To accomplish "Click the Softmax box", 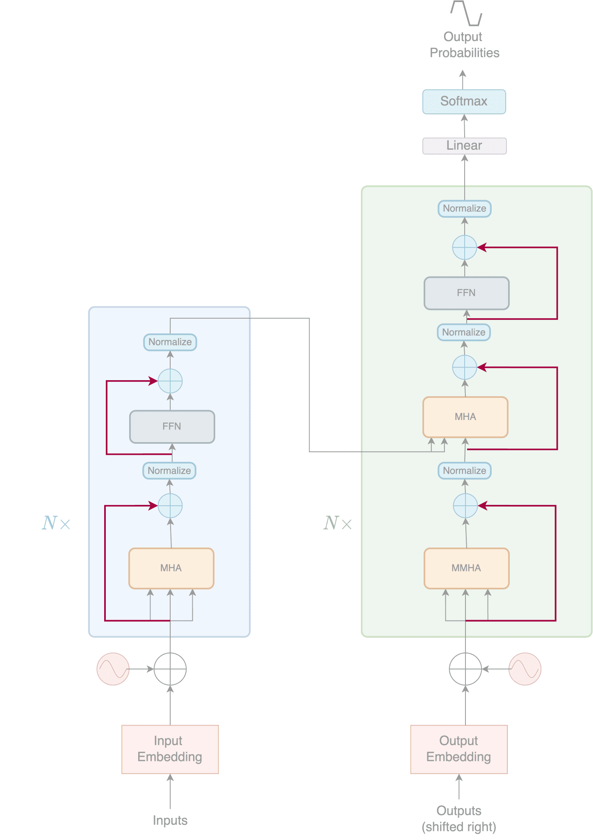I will pyautogui.click(x=464, y=101).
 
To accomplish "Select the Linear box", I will pyautogui.click(x=464, y=146).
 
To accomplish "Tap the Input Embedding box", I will pyautogui.click(x=170, y=749).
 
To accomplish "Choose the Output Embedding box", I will pyautogui.click(x=458, y=749).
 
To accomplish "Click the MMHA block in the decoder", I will pyautogui.click(x=466, y=568).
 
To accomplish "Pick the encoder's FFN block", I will pyautogui.click(x=172, y=427).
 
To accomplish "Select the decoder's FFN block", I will pyautogui.click(x=466, y=293).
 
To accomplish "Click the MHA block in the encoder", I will pyautogui.click(x=171, y=568).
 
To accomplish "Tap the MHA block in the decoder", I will pyautogui.click(x=465, y=417).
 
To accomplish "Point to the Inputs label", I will pyautogui.click(x=170, y=820).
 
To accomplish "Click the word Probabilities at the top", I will pyautogui.click(x=464, y=53).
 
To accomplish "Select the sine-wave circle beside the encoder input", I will pyautogui.click(x=113, y=669).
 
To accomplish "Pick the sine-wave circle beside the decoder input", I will pyautogui.click(x=525, y=669).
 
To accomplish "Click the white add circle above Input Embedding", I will pyautogui.click(x=170, y=669).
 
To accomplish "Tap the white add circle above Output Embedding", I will pyautogui.click(x=465, y=669).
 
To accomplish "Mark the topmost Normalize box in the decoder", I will pyautogui.click(x=464, y=208).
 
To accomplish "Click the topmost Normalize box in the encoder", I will pyautogui.click(x=170, y=342).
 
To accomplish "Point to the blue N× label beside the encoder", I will pyautogui.click(x=56, y=523).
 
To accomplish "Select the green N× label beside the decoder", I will pyautogui.click(x=337, y=523).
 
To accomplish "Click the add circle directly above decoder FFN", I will pyautogui.click(x=464, y=247).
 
